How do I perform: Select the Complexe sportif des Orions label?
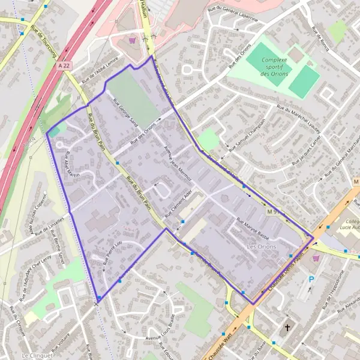click(x=274, y=67)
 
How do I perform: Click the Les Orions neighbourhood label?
click(x=260, y=247)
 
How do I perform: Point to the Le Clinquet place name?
click(x=34, y=356)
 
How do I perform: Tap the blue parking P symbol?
click(x=311, y=279)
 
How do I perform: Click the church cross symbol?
click(x=287, y=328)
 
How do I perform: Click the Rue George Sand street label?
click(x=125, y=117)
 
